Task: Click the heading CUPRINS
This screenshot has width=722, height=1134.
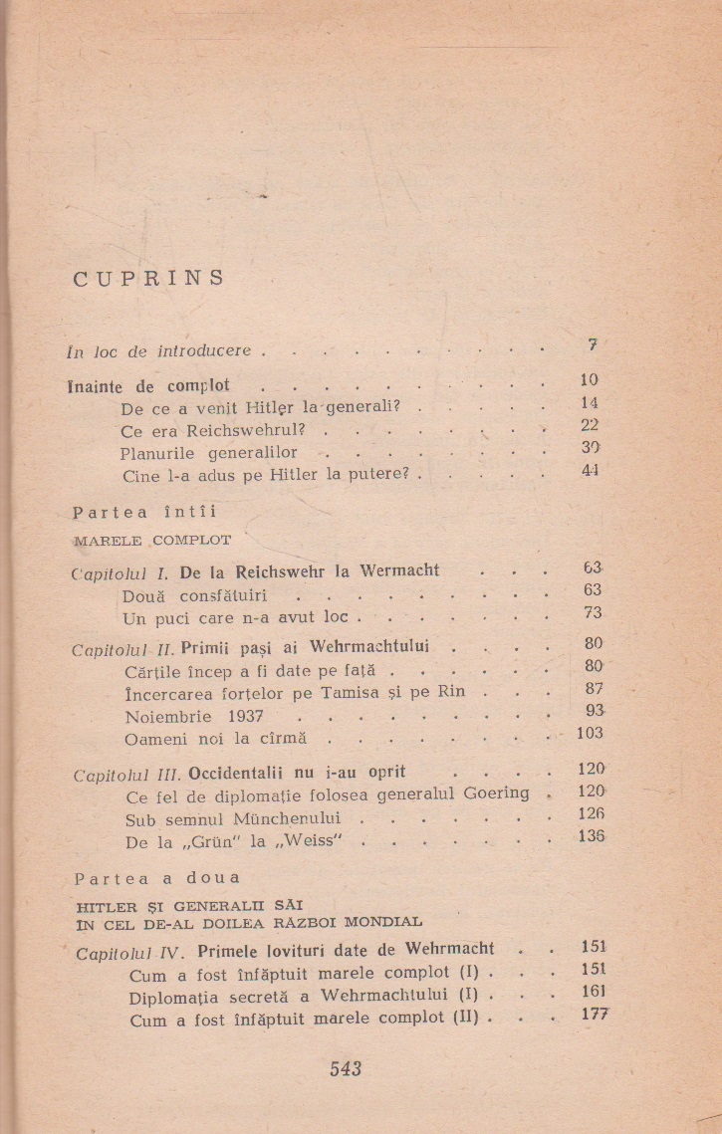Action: tap(149, 278)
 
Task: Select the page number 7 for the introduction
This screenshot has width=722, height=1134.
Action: tap(593, 344)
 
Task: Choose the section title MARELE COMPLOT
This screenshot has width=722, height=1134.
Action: tap(152, 541)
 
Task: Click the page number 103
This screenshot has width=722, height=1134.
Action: tap(590, 734)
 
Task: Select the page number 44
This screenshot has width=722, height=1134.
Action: tap(591, 470)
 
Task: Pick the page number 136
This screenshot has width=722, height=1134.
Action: tap(591, 836)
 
